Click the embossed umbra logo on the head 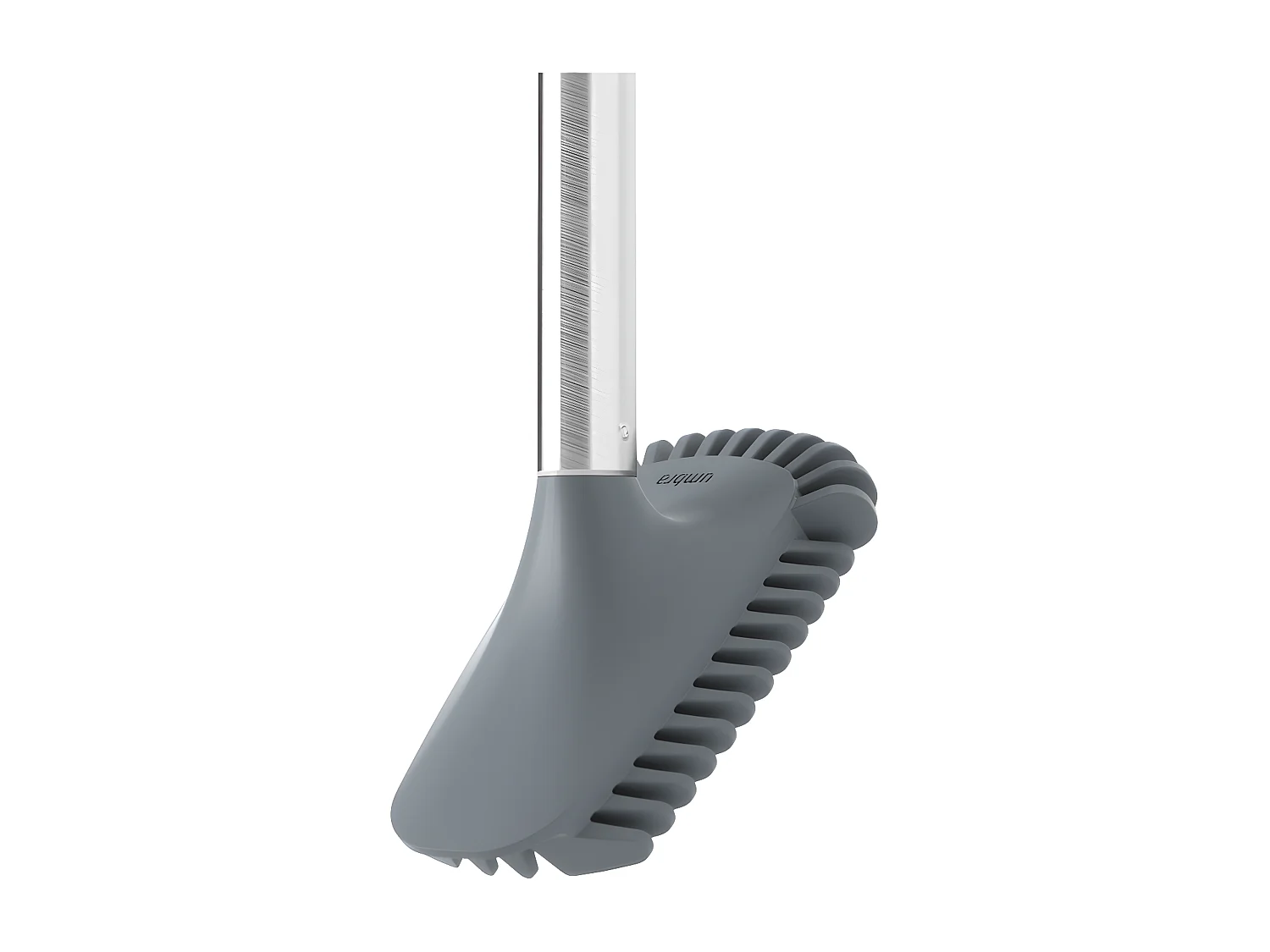point(687,479)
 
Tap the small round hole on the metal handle point(624,430)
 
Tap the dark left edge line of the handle point(539,254)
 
